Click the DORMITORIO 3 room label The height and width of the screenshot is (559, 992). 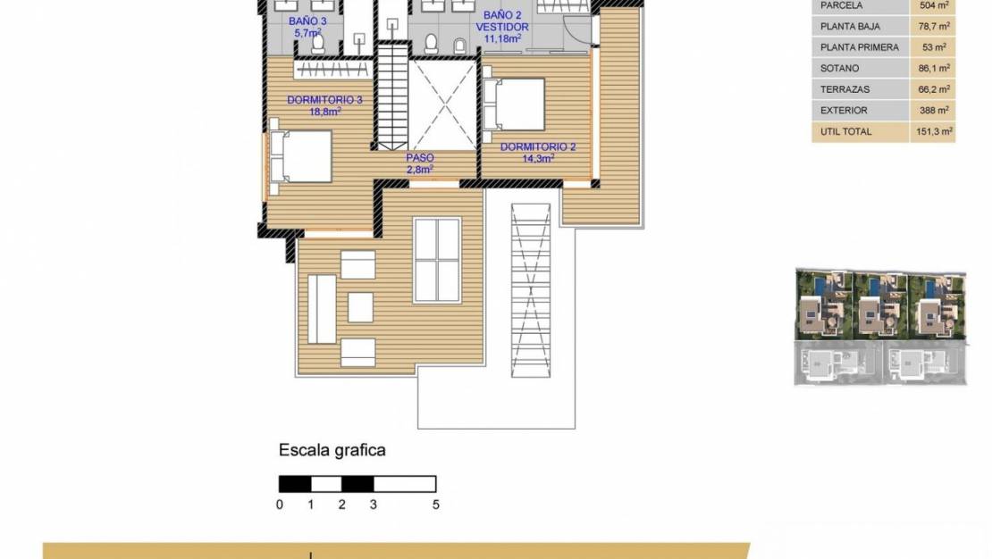(x=324, y=105)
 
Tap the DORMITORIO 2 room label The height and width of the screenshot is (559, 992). (x=538, y=153)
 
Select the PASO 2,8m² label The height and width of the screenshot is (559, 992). (x=420, y=163)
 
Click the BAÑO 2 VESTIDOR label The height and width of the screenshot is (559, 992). (x=502, y=27)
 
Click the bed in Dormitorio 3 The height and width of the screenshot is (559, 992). (x=300, y=156)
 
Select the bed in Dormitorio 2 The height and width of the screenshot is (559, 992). (x=514, y=104)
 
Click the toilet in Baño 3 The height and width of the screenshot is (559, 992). (x=318, y=43)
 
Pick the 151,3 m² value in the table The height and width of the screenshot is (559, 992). (x=934, y=131)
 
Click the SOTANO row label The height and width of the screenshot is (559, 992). (x=839, y=68)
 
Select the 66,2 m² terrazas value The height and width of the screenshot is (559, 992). (x=934, y=89)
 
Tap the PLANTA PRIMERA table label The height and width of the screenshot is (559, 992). (x=859, y=47)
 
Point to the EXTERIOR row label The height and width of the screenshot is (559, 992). (x=844, y=110)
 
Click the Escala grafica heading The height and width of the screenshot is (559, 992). (x=332, y=450)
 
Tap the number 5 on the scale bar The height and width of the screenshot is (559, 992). (x=436, y=505)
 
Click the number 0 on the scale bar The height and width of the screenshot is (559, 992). (x=280, y=505)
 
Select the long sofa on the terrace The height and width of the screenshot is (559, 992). (x=322, y=309)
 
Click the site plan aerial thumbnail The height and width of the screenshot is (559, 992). (x=880, y=327)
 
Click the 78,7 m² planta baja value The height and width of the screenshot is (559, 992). (x=934, y=27)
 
